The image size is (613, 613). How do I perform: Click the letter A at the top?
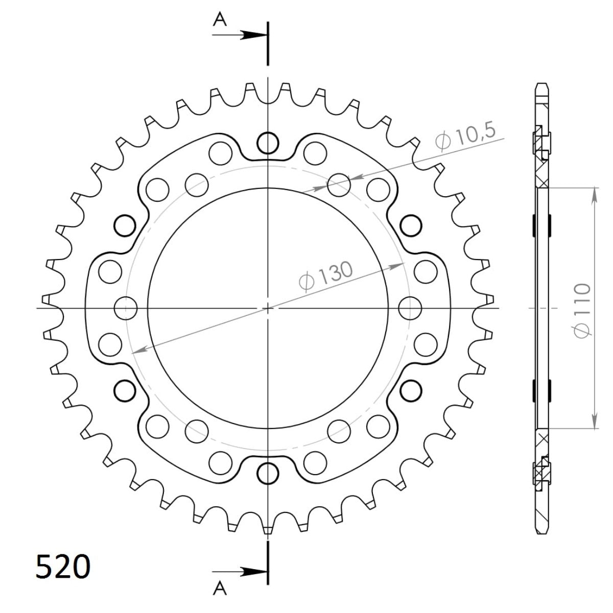[220, 19]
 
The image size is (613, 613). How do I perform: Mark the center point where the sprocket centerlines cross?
[267, 308]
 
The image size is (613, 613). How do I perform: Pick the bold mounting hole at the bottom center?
[267, 474]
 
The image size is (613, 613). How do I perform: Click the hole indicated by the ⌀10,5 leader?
[338, 185]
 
